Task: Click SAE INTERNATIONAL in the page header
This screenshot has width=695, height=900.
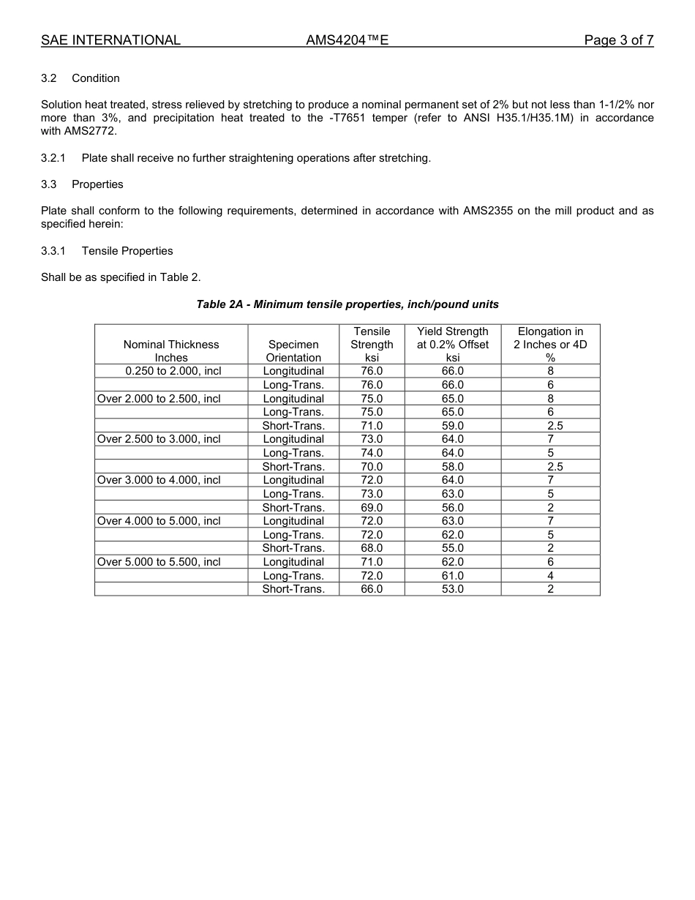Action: coord(110,40)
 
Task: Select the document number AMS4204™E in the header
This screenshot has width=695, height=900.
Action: coord(347,40)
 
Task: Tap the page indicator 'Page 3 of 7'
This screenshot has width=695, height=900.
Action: coord(618,40)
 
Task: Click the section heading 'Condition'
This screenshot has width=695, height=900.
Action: coord(96,78)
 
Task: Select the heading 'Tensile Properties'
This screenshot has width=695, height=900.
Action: coord(127,251)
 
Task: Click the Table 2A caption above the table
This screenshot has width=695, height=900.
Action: coord(347,304)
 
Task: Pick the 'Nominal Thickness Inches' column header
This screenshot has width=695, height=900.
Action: coord(171,350)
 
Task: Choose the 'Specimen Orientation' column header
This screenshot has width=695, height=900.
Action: coord(293,350)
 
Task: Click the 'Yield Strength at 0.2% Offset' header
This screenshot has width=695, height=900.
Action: coord(452,344)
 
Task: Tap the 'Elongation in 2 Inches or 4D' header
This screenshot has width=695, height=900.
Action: coord(550,344)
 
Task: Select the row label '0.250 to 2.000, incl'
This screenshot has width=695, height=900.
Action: coord(173,371)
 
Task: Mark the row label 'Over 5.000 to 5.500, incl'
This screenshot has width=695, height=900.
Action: coord(159,562)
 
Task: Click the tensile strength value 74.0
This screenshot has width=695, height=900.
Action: coord(372,453)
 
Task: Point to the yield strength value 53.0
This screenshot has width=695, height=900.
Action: coord(452,589)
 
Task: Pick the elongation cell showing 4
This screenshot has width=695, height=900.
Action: coord(550,576)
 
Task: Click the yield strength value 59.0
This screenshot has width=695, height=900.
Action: coord(452,426)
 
